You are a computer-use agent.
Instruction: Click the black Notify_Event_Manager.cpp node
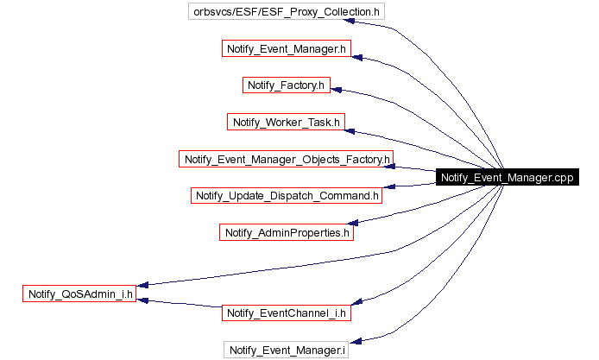505,178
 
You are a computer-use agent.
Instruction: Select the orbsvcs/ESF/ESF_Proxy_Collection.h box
286,12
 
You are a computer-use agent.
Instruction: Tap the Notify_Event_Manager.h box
286,49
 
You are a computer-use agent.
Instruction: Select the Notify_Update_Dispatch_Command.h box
287,195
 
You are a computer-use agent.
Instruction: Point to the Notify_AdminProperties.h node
287,232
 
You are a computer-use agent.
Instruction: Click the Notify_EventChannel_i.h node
287,313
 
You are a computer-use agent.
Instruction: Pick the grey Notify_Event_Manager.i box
287,350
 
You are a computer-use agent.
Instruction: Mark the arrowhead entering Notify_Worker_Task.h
350,130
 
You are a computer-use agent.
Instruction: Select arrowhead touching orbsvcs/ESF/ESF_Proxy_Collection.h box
391,26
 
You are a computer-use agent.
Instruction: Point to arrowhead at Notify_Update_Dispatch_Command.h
389,186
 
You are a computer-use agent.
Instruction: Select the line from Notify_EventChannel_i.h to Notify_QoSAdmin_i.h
181,304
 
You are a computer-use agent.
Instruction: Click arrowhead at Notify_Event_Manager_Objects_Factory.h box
401,167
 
